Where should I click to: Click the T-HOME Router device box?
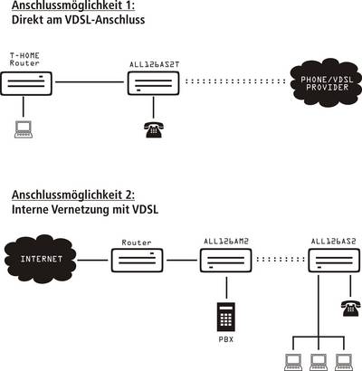click(26, 83)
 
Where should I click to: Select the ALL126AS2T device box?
click(154, 83)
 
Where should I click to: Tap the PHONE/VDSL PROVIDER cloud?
click(327, 82)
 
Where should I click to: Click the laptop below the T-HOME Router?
click(24, 129)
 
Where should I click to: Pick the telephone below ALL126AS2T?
click(154, 129)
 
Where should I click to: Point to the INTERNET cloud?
click(41, 259)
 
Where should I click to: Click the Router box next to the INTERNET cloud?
click(138, 261)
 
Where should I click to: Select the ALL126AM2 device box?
click(225, 261)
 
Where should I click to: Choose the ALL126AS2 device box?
click(334, 261)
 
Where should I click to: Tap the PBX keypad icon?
click(226, 317)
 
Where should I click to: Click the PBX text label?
click(226, 339)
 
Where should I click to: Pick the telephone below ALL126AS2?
click(351, 308)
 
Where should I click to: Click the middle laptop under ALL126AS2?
click(319, 363)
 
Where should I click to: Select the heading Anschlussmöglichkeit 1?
click(73, 5)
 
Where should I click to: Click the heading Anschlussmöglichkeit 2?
click(73, 195)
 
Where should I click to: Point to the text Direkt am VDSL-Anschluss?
click(78, 20)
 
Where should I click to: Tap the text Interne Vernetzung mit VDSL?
click(85, 209)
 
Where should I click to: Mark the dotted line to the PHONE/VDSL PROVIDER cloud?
click(235, 81)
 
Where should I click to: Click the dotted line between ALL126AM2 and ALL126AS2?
click(281, 259)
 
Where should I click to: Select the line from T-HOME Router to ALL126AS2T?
click(90, 81)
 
